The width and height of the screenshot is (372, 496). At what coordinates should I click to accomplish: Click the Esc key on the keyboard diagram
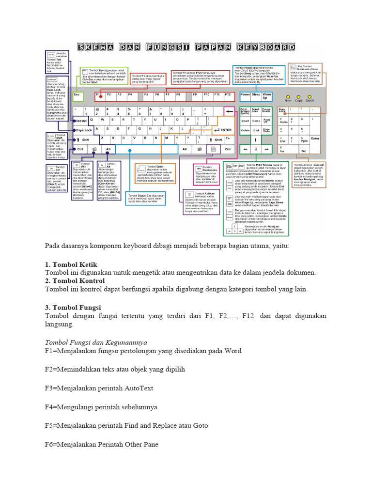pos(77,95)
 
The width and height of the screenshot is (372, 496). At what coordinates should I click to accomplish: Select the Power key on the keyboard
pos(245,95)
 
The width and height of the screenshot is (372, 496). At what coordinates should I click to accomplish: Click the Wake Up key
pos(267,96)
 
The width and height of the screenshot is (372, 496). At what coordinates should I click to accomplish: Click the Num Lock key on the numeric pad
pos(283,111)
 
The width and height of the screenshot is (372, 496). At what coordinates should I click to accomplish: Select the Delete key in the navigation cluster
pos(245,130)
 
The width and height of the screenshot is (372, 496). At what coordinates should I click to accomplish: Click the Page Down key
pos(267,130)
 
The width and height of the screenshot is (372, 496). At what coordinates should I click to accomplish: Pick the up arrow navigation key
pos(256,139)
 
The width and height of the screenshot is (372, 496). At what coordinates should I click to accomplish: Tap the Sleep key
pos(256,95)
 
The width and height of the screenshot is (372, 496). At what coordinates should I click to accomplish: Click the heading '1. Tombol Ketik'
pos(71,264)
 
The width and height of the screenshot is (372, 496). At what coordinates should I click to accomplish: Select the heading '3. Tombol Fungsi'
pos(73,307)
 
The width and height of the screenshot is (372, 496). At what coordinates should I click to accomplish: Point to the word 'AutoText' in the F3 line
pos(139,388)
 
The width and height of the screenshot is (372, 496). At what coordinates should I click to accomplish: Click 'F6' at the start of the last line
pos(49,444)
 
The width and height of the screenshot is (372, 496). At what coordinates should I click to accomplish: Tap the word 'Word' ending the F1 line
pos(232,350)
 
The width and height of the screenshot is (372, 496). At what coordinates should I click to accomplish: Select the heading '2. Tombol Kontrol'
pos(75,281)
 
